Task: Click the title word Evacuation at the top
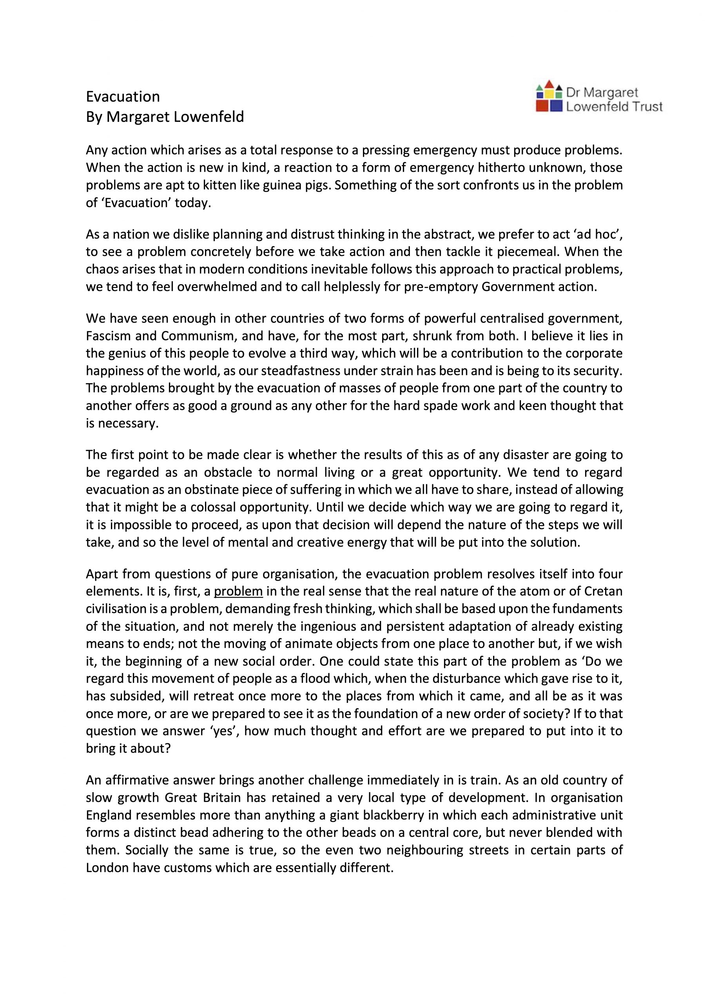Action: point(123,96)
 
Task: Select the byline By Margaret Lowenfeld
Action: point(165,117)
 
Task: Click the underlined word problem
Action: point(239,592)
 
